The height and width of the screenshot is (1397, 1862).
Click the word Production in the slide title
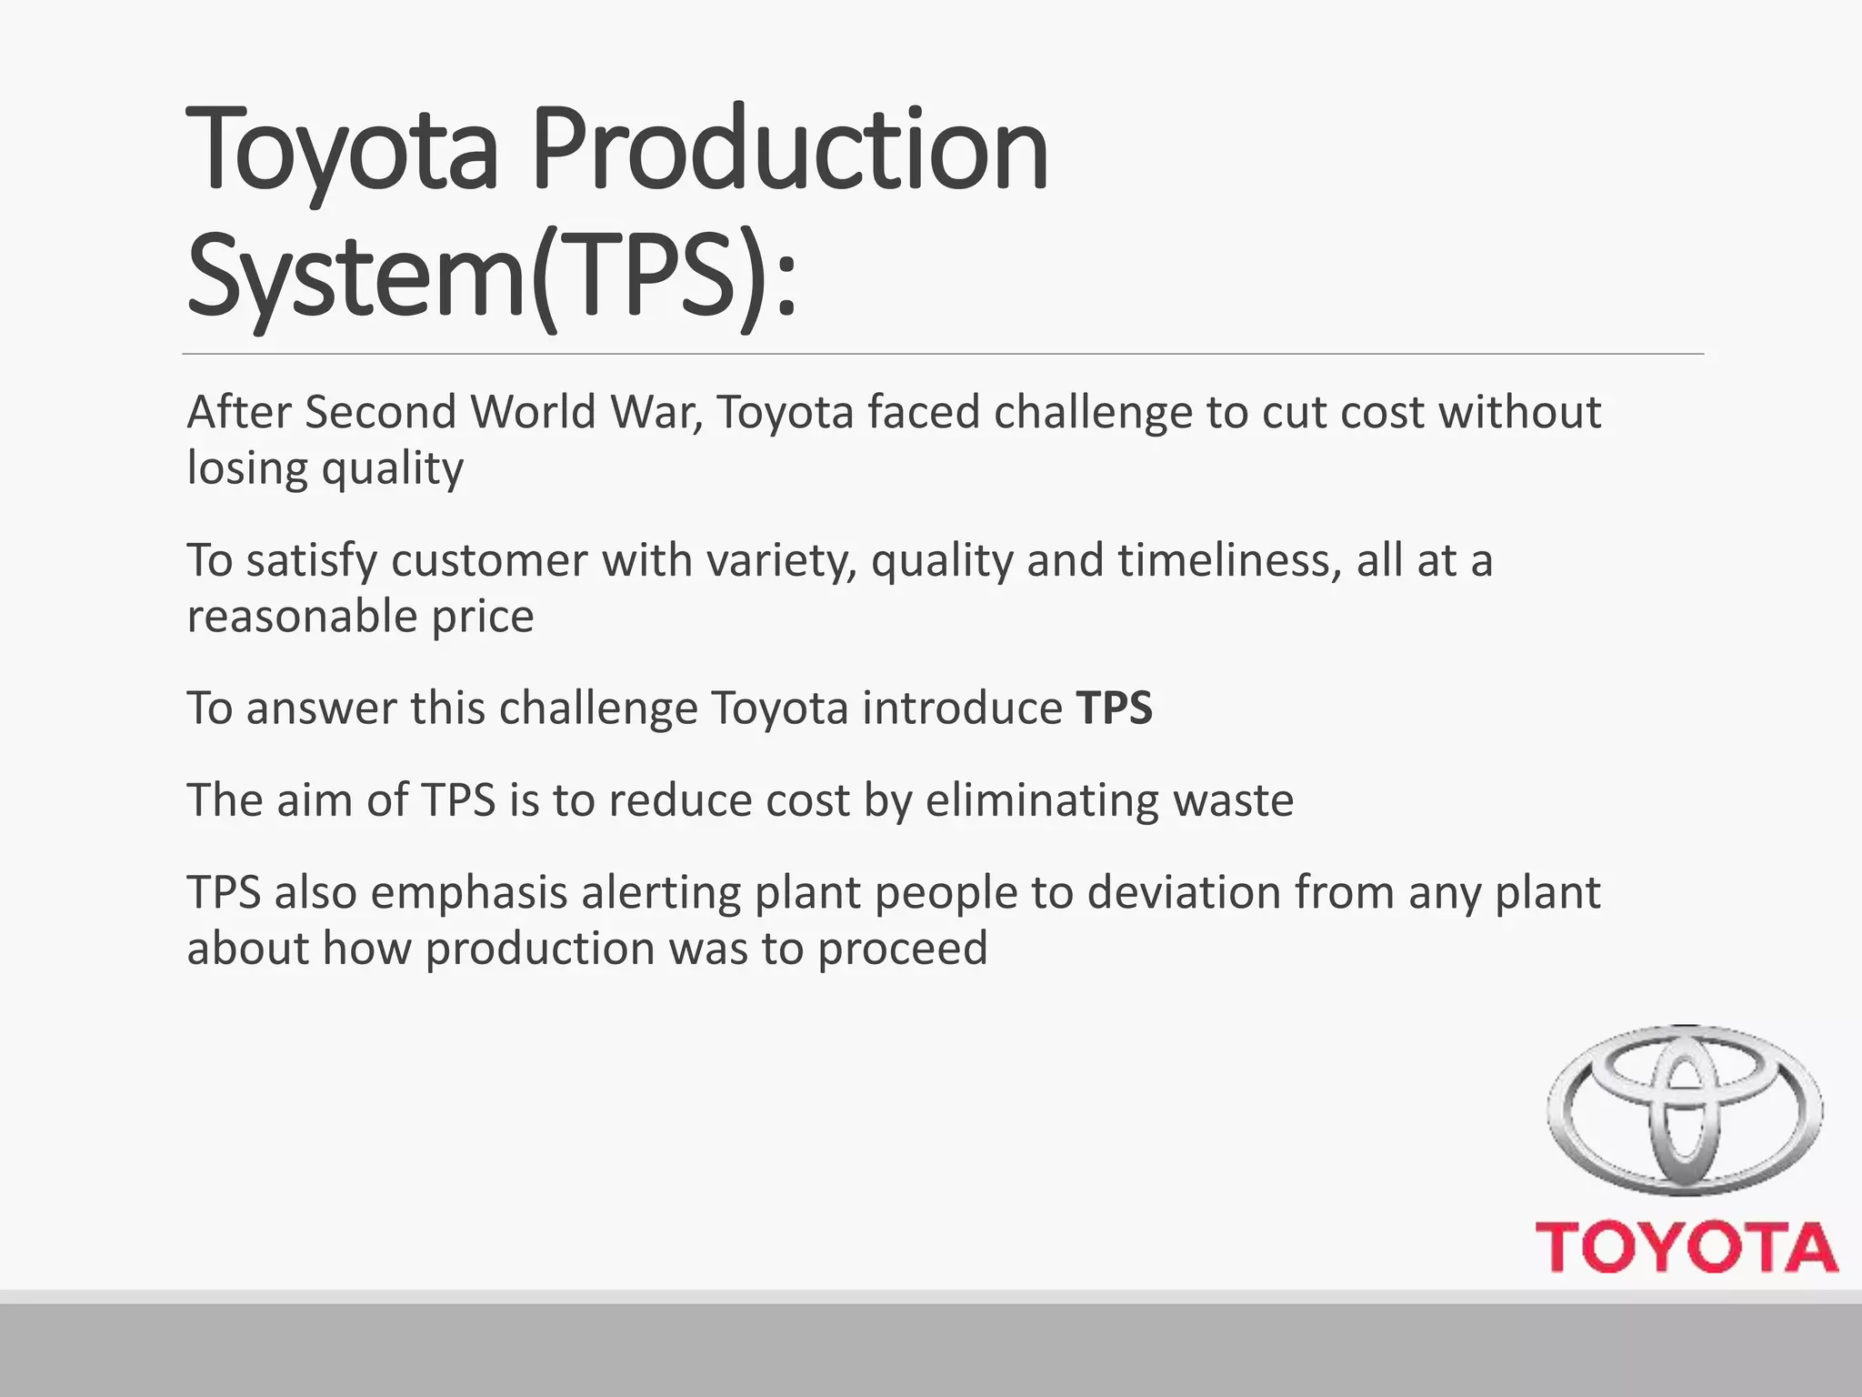789,149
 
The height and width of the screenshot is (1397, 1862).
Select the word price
483,618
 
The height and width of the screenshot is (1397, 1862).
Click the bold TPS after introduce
1115,709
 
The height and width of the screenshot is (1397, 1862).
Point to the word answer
320,709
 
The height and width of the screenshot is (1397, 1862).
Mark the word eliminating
1042,801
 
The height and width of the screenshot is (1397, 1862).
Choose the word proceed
902,950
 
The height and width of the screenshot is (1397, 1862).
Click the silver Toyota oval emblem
1685,1110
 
